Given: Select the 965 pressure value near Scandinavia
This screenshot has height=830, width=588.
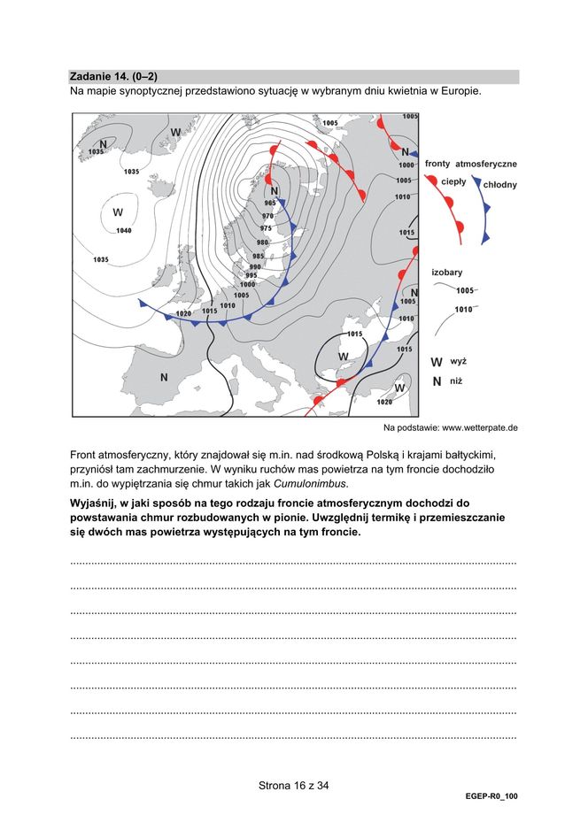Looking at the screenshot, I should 270,203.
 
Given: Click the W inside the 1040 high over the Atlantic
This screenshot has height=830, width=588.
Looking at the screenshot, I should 118,212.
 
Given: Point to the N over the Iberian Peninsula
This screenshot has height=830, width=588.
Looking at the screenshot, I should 164,377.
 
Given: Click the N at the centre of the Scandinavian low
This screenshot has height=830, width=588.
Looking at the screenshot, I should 275,190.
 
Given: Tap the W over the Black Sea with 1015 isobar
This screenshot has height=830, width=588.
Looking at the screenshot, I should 343,356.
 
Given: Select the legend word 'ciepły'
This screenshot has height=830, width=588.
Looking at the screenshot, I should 454,181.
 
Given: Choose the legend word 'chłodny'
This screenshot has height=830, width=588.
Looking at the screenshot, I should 500,185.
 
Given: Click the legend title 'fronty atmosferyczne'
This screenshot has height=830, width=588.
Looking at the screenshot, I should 470,164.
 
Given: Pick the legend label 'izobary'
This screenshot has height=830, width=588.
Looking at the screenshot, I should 447,273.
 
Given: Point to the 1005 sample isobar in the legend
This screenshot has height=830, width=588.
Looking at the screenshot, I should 465,290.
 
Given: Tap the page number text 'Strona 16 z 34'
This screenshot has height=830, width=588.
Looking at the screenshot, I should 294,785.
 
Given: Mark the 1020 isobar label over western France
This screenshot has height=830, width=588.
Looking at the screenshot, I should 183,313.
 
